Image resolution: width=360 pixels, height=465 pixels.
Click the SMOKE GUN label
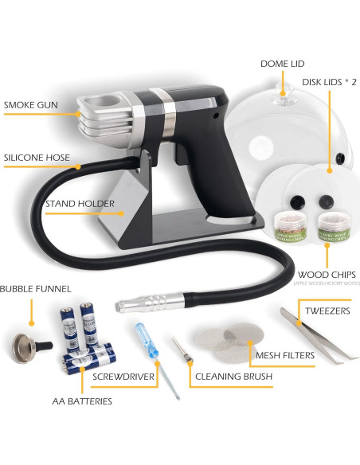coord(29,104)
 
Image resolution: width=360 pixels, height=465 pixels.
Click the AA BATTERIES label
coord(78,401)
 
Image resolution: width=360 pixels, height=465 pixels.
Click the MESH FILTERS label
coord(284,355)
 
